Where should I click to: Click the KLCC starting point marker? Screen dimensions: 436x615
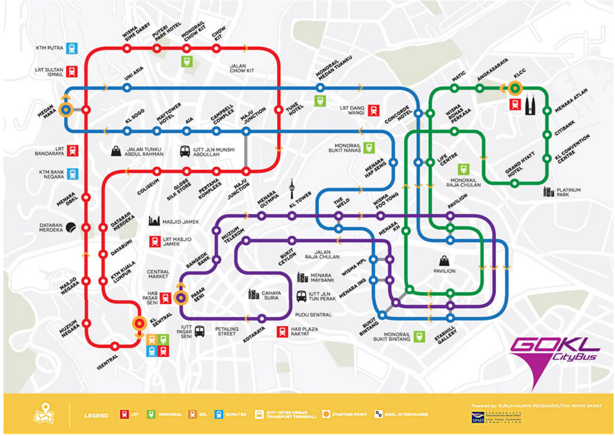(515, 88)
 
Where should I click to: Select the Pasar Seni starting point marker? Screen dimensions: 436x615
(181, 297)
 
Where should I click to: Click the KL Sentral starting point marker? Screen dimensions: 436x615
(138, 323)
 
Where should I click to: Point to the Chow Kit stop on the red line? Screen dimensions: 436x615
(217, 48)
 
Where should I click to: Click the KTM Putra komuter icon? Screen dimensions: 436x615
(72, 48)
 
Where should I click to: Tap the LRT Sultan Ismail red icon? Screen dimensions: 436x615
(72, 71)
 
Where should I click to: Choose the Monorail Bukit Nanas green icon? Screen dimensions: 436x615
(369, 148)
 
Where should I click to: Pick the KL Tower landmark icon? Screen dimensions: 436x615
(292, 188)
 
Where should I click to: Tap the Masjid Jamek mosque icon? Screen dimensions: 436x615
(154, 221)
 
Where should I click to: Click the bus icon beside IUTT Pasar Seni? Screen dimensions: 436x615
(199, 331)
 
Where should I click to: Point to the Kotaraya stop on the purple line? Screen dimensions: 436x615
(262, 319)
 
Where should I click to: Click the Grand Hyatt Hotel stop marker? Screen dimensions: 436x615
(514, 184)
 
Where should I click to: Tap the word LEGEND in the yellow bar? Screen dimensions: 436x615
(96, 415)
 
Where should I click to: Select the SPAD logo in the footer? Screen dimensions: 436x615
(478, 417)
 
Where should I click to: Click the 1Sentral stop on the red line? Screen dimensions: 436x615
(115, 346)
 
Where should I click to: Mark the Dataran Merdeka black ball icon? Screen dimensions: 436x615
(71, 227)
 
